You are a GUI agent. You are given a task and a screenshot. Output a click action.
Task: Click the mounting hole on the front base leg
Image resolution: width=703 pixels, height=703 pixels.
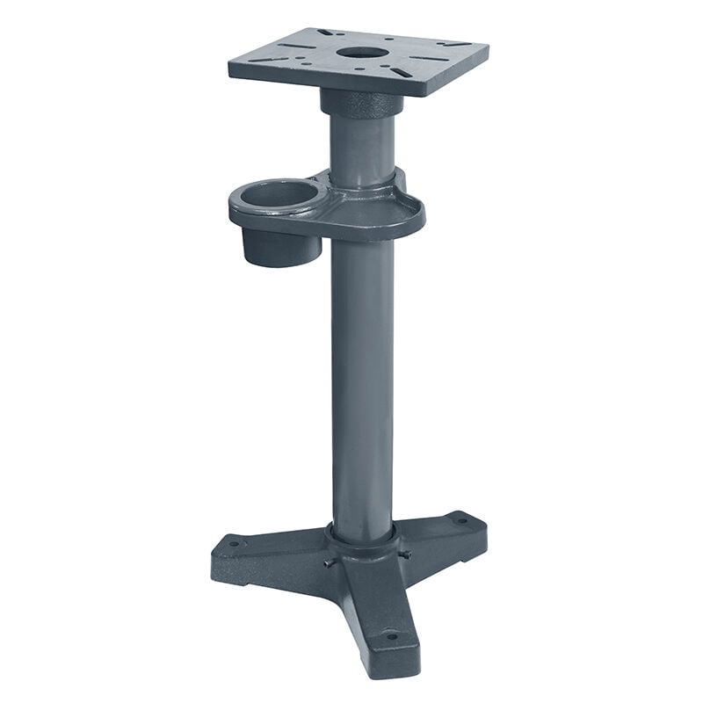(391, 635)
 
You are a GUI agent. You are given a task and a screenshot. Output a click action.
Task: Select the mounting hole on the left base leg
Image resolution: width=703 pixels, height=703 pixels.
(233, 544)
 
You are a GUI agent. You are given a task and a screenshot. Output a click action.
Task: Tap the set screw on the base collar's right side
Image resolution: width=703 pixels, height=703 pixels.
(406, 554)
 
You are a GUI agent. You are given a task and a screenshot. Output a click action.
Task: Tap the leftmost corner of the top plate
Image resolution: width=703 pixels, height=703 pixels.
(231, 63)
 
